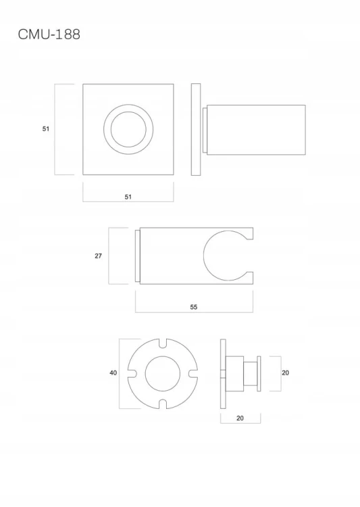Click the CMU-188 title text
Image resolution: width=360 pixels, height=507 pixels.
tap(49, 34)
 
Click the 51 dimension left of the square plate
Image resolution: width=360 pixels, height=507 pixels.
tap(46, 128)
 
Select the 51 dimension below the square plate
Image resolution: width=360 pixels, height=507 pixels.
tap(128, 197)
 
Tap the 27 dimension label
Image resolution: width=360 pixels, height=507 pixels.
tap(98, 256)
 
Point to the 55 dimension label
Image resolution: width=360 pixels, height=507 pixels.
tap(194, 307)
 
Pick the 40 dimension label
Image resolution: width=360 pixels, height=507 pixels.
tap(113, 372)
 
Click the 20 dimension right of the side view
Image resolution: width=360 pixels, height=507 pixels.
tap(285, 372)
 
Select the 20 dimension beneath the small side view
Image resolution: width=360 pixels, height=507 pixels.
tap(240, 418)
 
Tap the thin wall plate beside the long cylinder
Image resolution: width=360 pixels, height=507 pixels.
tap(196, 130)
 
